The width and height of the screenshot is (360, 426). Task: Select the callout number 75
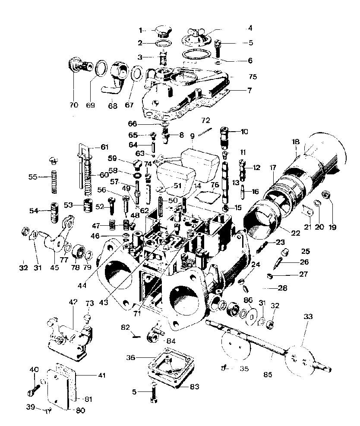click(253, 77)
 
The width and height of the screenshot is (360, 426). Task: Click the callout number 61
click(104, 147)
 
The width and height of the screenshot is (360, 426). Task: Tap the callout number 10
click(244, 131)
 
